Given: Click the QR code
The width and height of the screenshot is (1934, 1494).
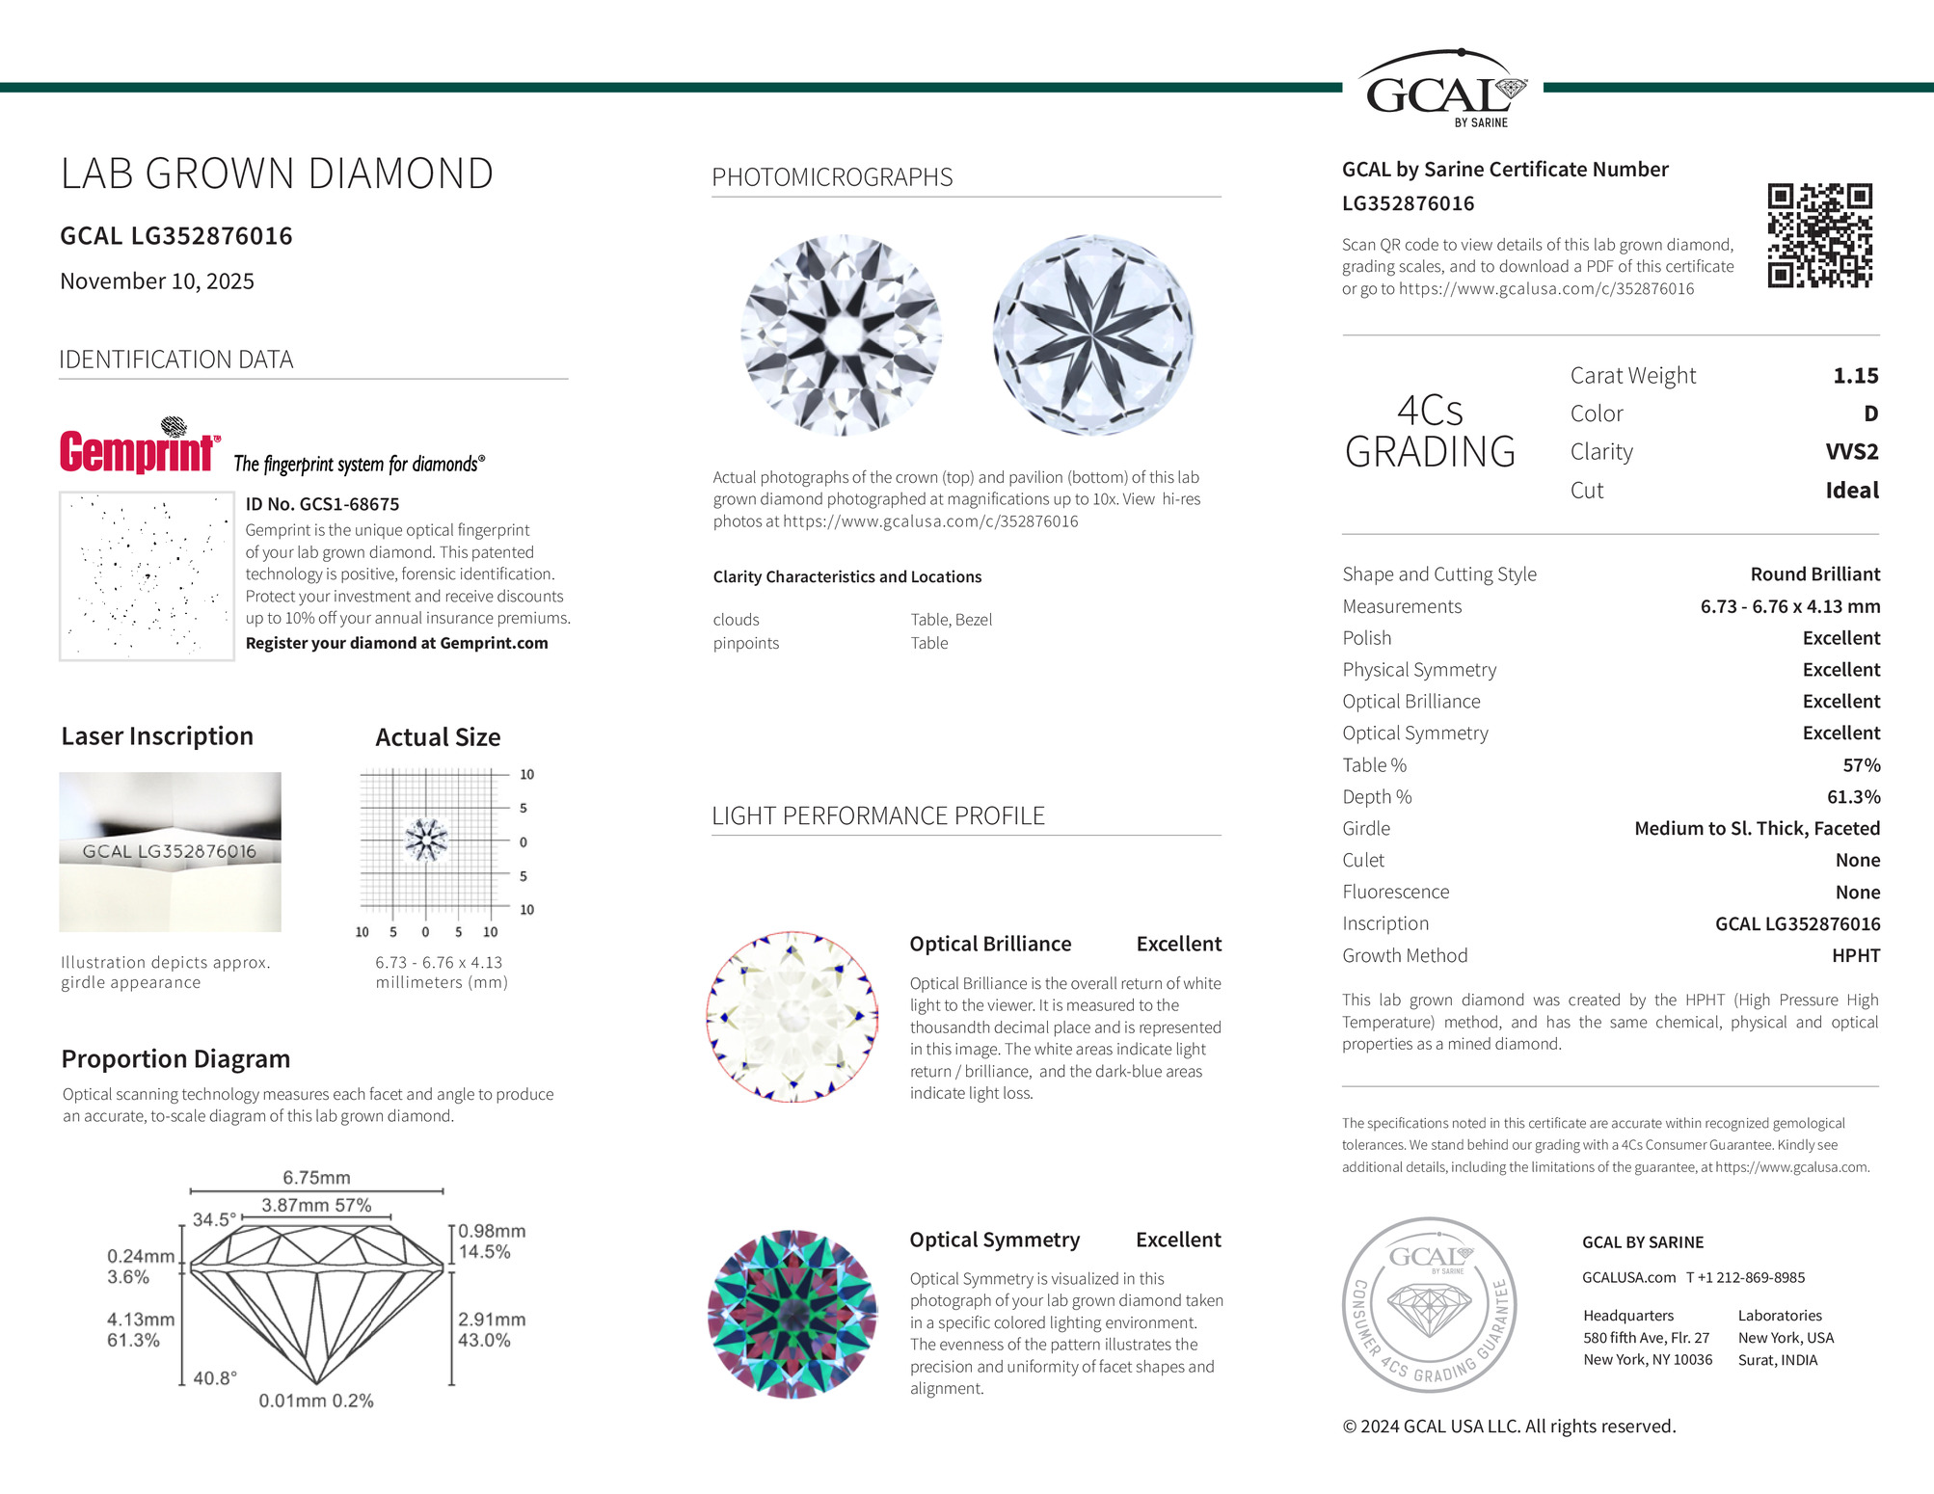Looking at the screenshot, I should pos(1819,235).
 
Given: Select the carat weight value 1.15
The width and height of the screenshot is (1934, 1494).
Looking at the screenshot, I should pos(1855,376).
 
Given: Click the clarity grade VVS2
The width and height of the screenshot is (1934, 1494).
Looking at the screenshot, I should pos(1851,452).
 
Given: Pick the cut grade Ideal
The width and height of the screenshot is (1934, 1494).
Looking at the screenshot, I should pos(1851,491).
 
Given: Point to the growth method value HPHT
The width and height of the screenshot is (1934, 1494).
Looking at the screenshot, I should pos(1855,955).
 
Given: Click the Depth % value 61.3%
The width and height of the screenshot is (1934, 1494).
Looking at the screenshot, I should pos(1853,797).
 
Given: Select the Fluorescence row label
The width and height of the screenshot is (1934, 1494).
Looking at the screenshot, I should pos(1395,892).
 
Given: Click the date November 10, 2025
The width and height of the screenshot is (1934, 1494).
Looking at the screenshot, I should pos(157,281).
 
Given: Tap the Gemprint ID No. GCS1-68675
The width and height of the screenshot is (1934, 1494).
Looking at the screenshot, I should pos(322,504).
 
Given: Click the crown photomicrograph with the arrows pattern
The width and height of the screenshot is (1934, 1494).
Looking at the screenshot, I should pos(841,335).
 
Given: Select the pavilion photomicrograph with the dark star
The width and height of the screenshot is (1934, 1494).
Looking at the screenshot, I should pos(1092,335).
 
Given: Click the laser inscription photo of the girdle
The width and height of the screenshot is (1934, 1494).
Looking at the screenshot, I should pos(170,851).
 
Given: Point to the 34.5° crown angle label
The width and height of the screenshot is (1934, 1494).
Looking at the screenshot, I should pos(213,1219).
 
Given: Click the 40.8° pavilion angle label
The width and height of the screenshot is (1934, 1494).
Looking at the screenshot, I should pos(214,1378).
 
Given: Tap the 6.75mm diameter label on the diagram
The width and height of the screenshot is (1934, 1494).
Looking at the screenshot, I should pos(316,1178).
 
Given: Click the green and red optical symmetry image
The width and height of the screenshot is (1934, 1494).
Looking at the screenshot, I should pos(792,1314).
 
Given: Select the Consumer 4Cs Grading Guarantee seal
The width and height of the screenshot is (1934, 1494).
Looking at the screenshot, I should pos(1429,1304).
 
